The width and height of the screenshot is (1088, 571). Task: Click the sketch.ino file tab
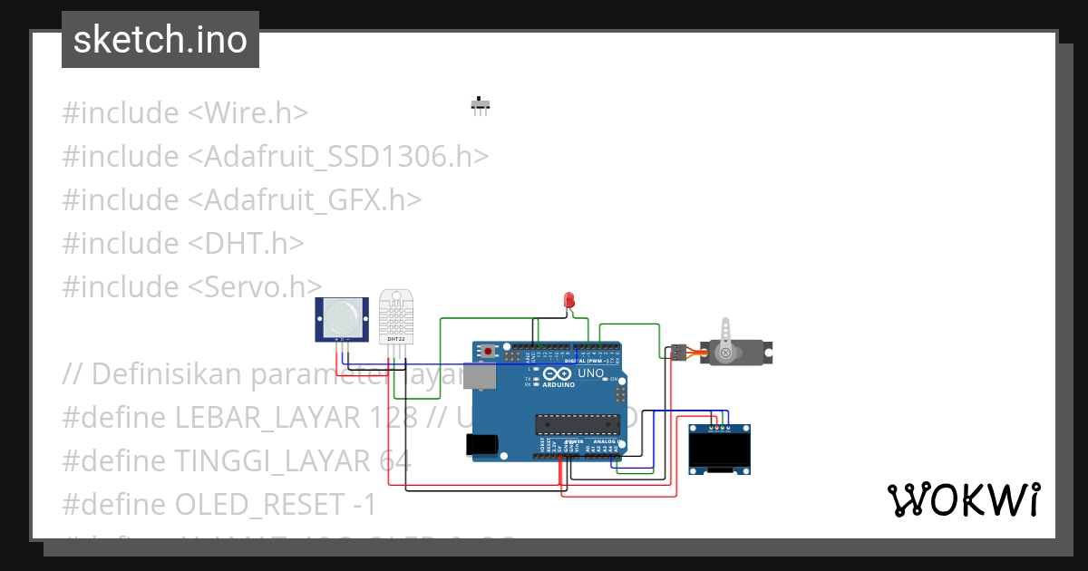tap(160, 40)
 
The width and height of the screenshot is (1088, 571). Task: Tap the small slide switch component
tap(480, 105)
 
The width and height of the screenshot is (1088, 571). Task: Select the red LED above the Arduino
tap(569, 300)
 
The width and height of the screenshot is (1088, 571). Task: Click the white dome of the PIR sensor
tap(341, 315)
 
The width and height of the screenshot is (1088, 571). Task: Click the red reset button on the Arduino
tap(489, 351)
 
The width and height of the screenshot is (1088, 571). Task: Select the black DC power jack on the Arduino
tap(481, 444)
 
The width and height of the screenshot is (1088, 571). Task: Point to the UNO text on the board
tap(590, 373)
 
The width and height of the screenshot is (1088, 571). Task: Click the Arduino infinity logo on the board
tap(561, 373)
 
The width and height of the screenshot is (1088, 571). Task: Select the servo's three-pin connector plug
tap(678, 352)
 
